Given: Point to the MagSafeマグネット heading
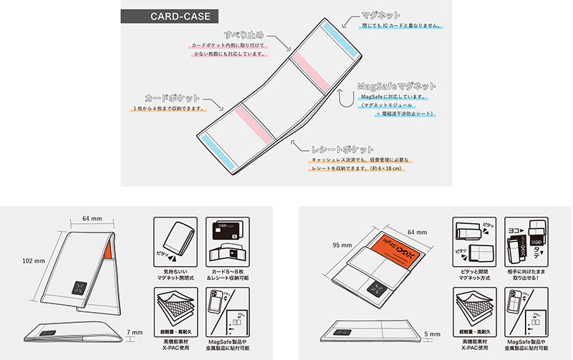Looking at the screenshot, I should [396, 86].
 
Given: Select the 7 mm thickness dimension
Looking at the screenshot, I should [136, 332].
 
